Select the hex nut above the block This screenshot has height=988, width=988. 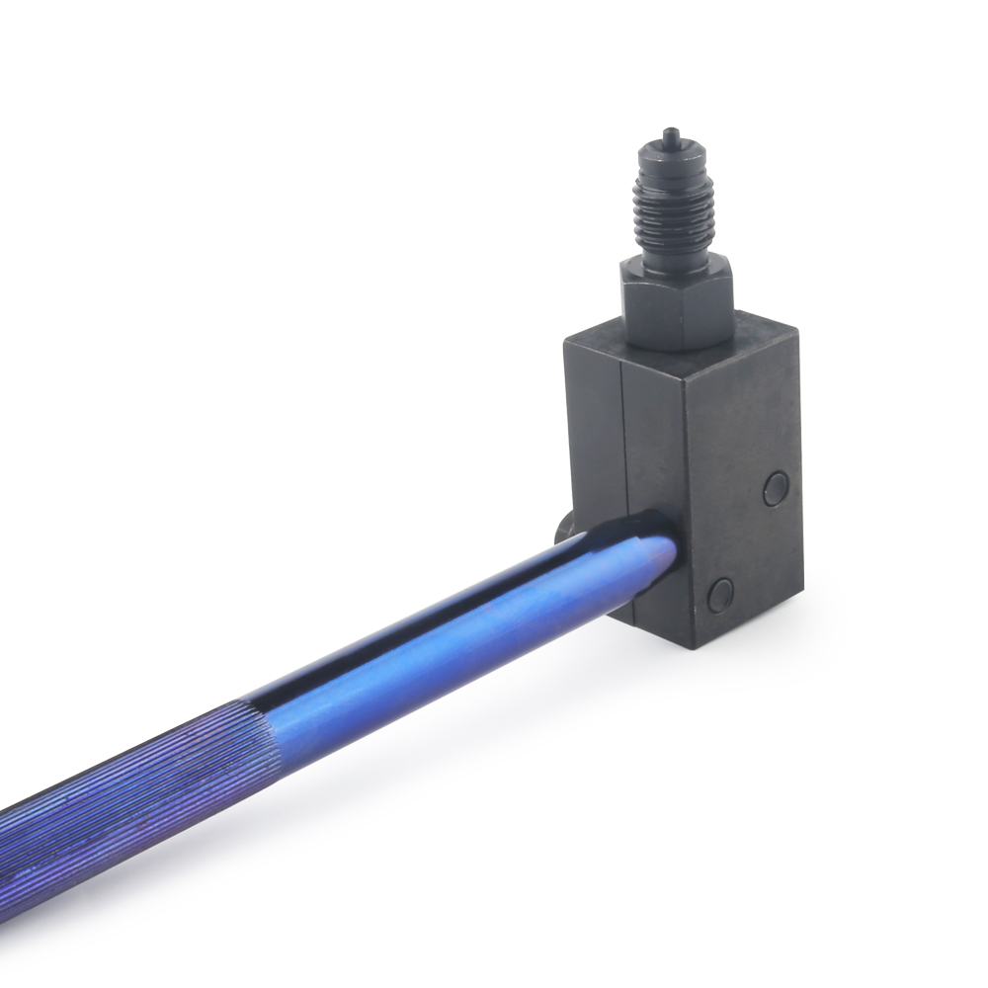click(678, 296)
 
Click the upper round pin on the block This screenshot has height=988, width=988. click(777, 488)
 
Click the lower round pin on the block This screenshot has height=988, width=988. click(721, 593)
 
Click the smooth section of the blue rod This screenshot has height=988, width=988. click(445, 642)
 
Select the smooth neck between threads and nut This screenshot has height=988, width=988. click(676, 253)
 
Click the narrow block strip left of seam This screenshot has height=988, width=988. click(593, 435)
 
